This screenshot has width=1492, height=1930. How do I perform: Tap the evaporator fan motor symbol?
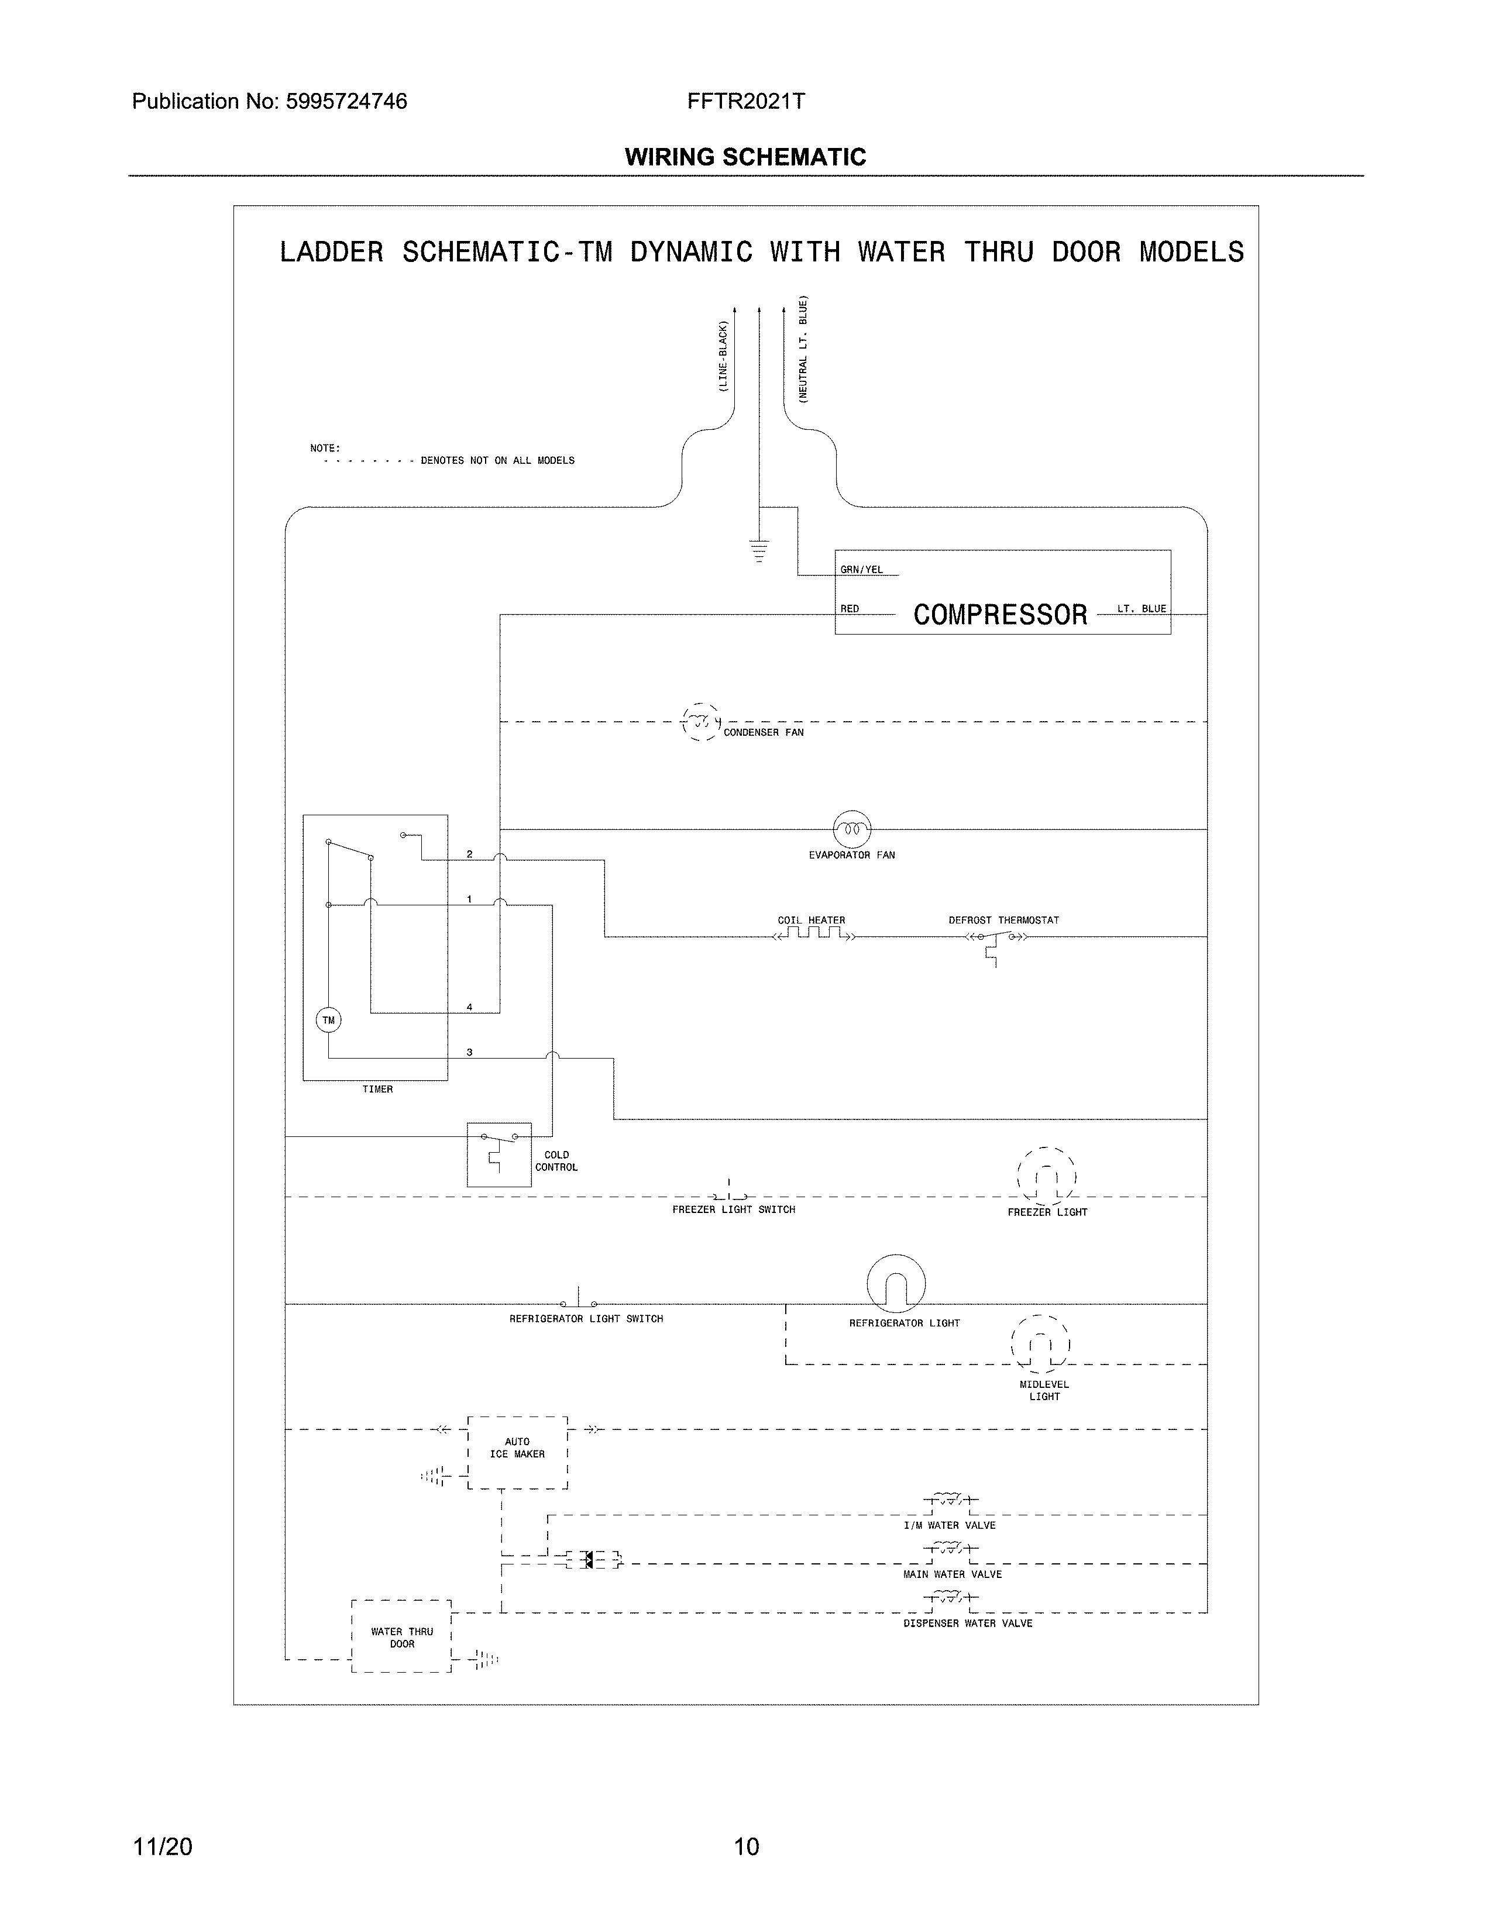click(852, 829)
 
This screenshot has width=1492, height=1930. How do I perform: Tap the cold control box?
click(499, 1154)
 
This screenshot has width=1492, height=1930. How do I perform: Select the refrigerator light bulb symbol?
click(895, 1284)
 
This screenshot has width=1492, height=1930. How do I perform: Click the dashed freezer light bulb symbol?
click(1047, 1177)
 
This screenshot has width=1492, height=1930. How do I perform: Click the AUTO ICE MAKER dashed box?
click(517, 1453)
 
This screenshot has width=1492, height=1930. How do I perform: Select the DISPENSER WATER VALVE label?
click(967, 1624)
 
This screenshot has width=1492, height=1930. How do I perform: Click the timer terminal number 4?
click(469, 1007)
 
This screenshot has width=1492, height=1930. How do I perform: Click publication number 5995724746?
click(346, 102)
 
